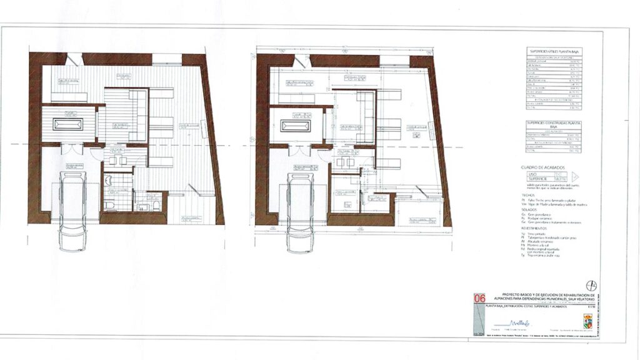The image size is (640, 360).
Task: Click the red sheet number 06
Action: [x=480, y=299]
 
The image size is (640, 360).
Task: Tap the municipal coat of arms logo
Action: [x=587, y=321]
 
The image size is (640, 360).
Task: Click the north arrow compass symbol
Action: [x=592, y=286]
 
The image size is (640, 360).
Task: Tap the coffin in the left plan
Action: [x=67, y=124]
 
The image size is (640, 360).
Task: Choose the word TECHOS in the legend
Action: [x=528, y=194]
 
